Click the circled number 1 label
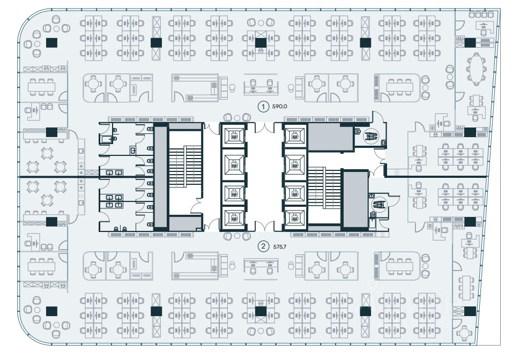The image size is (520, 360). (263, 107)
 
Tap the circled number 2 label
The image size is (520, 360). (263, 247)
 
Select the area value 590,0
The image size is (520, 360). (280, 107)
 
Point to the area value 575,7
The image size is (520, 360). (280, 247)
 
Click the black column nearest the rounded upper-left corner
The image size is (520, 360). (51, 43)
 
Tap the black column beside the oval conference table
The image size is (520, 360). (470, 43)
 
